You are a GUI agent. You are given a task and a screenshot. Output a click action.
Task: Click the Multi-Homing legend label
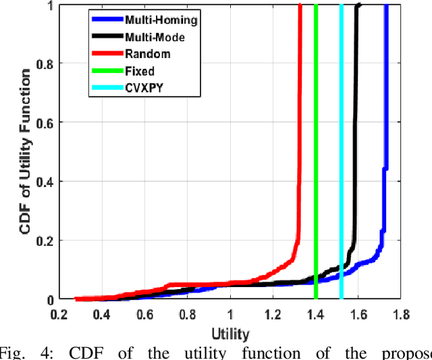pyautogui.click(x=161, y=20)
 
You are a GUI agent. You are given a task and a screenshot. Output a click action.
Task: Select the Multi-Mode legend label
pyautogui.click(x=155, y=37)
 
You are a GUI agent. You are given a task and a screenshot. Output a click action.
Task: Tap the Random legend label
pyautogui.click(x=147, y=54)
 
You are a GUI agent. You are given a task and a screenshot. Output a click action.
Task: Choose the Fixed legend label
pyautogui.click(x=139, y=71)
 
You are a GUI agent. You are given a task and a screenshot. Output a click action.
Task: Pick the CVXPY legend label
pyautogui.click(x=142, y=88)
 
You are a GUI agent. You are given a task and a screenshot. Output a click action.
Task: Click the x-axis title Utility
pyautogui.click(x=230, y=334)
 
